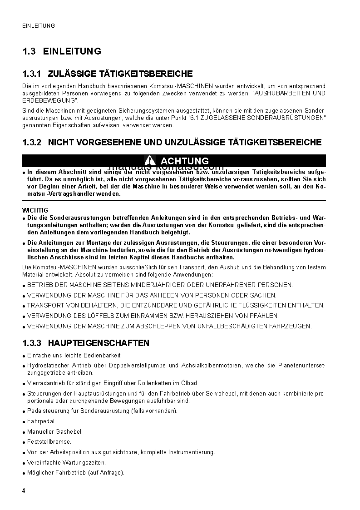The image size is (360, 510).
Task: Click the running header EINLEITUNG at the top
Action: pyautogui.click(x=39, y=26)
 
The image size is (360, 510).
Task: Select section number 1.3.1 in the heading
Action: pyautogui.click(x=32, y=74)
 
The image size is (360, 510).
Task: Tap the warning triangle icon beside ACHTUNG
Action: pyautogui.click(x=150, y=161)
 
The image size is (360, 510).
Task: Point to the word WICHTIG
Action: pyautogui.click(x=35, y=210)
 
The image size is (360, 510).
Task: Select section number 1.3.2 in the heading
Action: pyautogui.click(x=32, y=143)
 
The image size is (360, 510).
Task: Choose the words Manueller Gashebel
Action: pyautogui.click(x=55, y=431)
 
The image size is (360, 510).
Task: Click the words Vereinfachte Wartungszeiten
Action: pyautogui.click(x=66, y=462)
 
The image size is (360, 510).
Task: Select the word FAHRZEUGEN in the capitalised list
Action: pyautogui.click(x=290, y=326)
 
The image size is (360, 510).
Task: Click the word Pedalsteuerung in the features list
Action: pyautogui.click(x=47, y=411)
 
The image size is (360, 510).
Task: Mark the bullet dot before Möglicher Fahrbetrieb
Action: pyautogui.click(x=24, y=473)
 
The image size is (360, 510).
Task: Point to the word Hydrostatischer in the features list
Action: pyautogui.click(x=47, y=365)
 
